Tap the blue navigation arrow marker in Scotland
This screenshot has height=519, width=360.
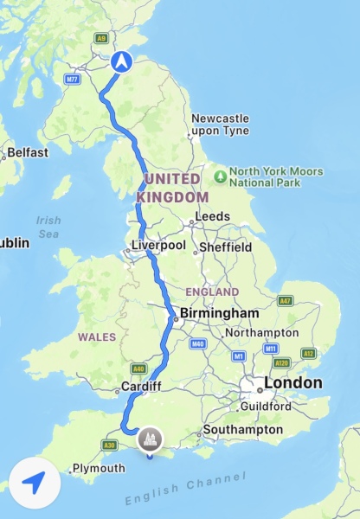coord(121,61)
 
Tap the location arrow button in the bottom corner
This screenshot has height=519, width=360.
coord(35,483)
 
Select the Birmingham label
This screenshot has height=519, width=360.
coord(219,313)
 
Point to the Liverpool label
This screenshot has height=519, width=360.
coord(158,246)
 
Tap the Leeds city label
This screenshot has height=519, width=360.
coord(213,216)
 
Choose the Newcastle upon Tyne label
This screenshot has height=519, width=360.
coord(219,124)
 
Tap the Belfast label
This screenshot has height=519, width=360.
coord(28,153)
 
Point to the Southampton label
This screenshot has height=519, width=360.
coord(242,430)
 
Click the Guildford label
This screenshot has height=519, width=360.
coord(266,405)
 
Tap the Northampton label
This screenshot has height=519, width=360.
coord(261,333)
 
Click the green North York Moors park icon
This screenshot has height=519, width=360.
coord(221,176)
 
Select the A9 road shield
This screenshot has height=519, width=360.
coord(102,38)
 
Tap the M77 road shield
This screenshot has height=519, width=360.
coord(72,79)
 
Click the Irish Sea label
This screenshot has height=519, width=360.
coord(48,227)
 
